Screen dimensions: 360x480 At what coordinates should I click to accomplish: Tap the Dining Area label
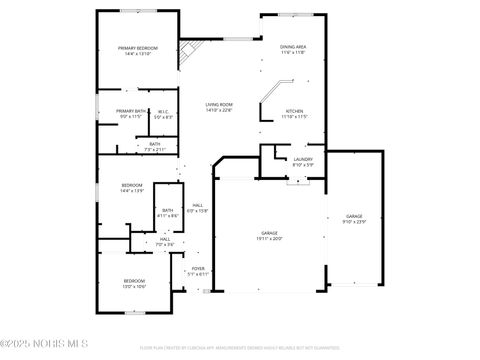point(293,50)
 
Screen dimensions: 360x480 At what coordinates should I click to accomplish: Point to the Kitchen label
point(295,114)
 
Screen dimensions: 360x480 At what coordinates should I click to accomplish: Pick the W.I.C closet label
point(163,114)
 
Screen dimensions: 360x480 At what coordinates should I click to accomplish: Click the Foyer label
point(198,271)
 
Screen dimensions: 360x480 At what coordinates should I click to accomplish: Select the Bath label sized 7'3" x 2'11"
point(155,146)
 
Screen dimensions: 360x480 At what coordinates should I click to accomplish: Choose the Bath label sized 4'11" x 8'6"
point(168,213)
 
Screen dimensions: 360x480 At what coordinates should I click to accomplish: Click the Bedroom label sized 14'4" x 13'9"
point(132,188)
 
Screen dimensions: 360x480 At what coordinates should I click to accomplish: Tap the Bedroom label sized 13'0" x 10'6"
point(134,284)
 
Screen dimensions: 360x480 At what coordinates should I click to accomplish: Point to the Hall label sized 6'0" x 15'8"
point(198,207)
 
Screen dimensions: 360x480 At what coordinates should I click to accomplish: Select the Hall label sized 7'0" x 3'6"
point(165,242)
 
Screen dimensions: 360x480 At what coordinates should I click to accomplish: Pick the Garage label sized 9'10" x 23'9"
point(354,219)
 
